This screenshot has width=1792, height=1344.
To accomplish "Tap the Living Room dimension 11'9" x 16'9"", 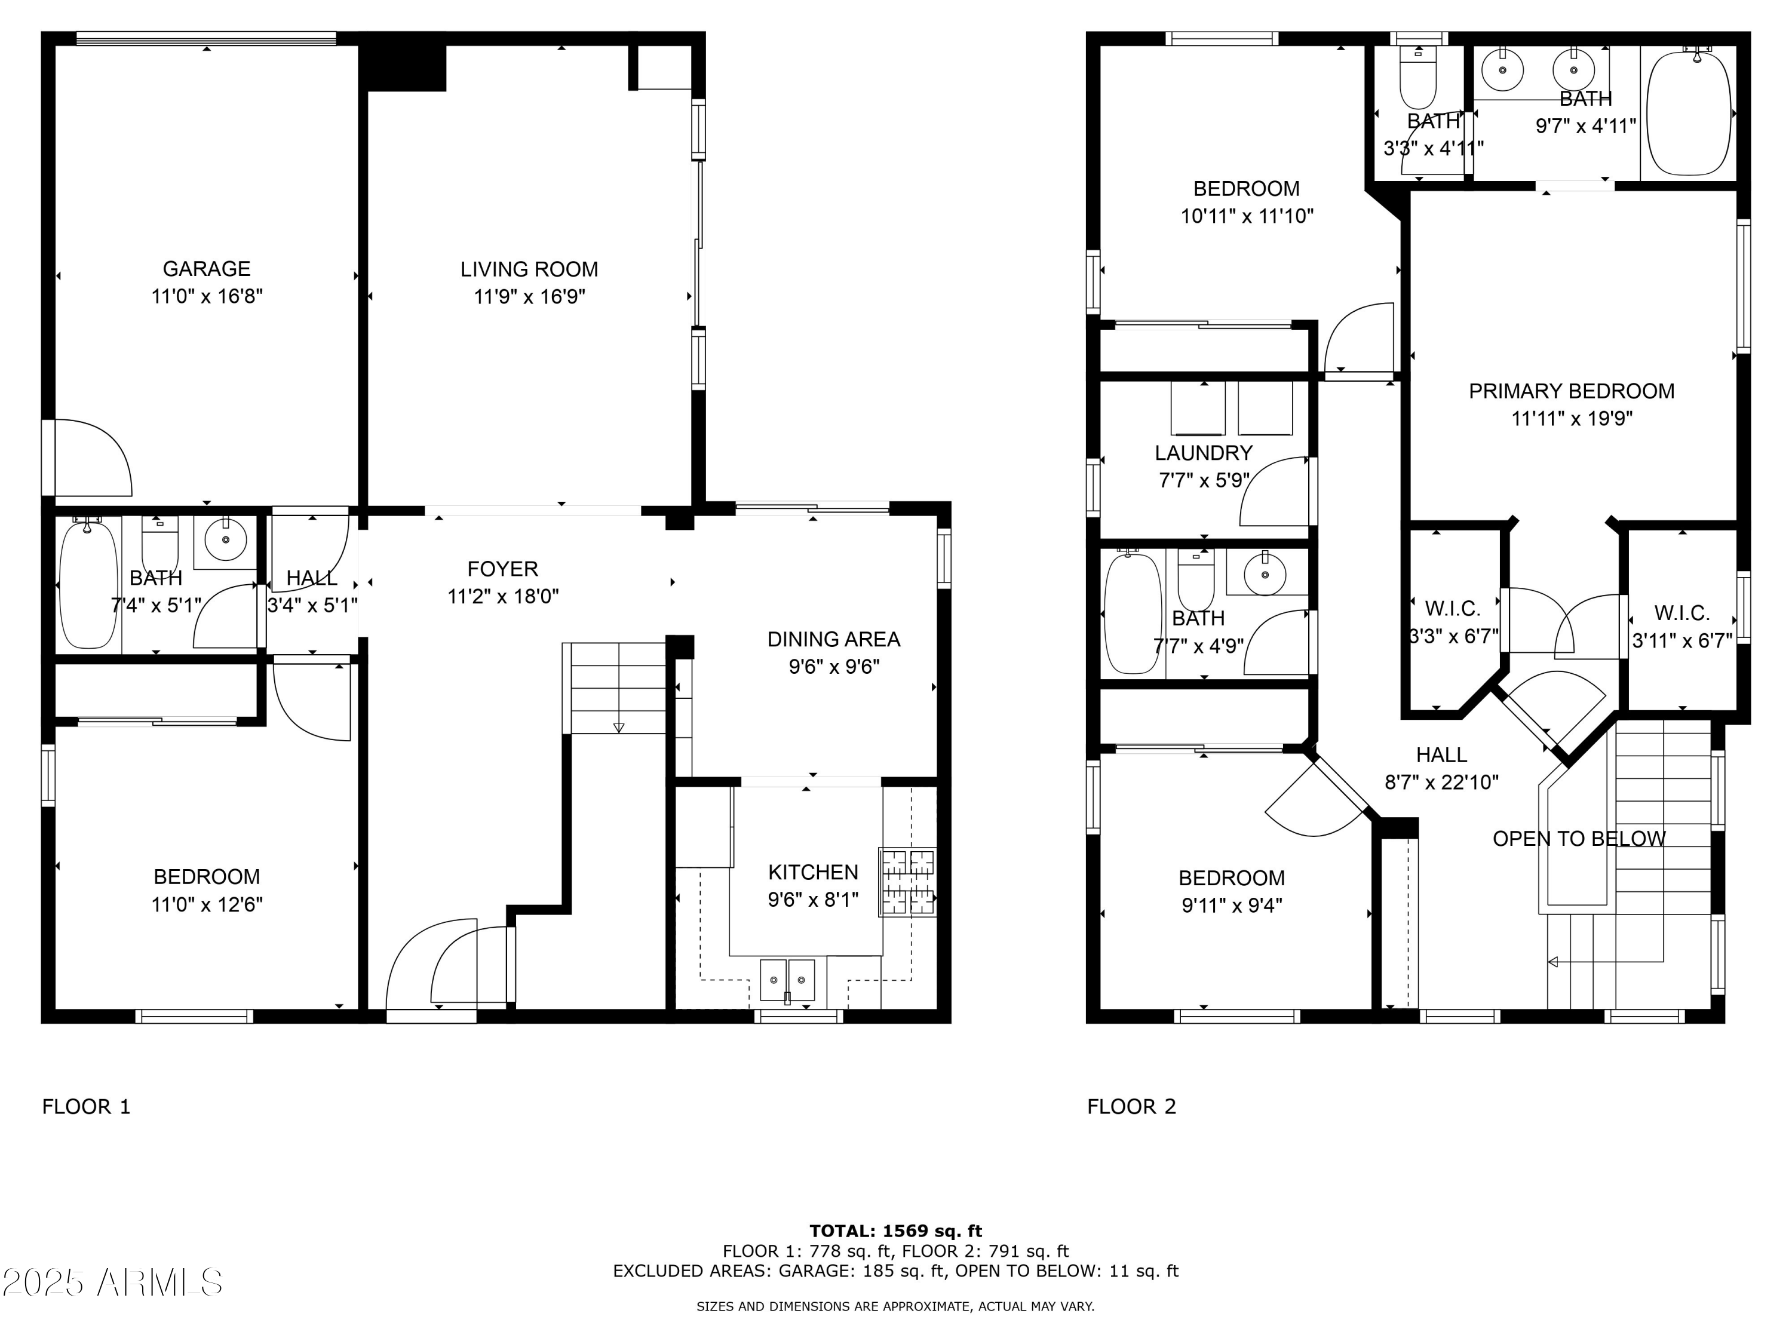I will tap(529, 296).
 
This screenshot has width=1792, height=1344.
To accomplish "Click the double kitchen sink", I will tap(787, 980).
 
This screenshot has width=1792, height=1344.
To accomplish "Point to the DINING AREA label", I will tap(834, 639).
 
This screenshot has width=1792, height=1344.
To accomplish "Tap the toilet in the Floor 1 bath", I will tap(159, 543).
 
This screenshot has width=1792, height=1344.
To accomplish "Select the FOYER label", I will tap(502, 569).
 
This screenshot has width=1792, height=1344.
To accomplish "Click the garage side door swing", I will tap(89, 458).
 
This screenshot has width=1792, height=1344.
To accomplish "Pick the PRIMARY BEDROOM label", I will tap(1571, 391).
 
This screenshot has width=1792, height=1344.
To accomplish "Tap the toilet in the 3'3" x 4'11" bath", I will tap(1417, 79).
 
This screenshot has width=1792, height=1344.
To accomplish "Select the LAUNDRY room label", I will tap(1203, 453).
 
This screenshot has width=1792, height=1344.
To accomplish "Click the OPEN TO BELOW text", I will tap(1579, 839).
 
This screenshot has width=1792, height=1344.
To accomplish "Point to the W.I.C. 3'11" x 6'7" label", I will tap(1682, 613).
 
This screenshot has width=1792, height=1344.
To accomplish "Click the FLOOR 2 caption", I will tap(1131, 1107).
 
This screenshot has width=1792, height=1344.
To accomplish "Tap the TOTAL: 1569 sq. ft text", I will tap(895, 1231).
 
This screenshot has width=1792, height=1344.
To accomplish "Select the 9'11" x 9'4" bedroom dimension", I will tap(1231, 905).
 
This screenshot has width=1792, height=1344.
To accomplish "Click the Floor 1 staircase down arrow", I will tap(619, 727).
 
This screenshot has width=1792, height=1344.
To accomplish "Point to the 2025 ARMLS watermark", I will tap(113, 1282).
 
